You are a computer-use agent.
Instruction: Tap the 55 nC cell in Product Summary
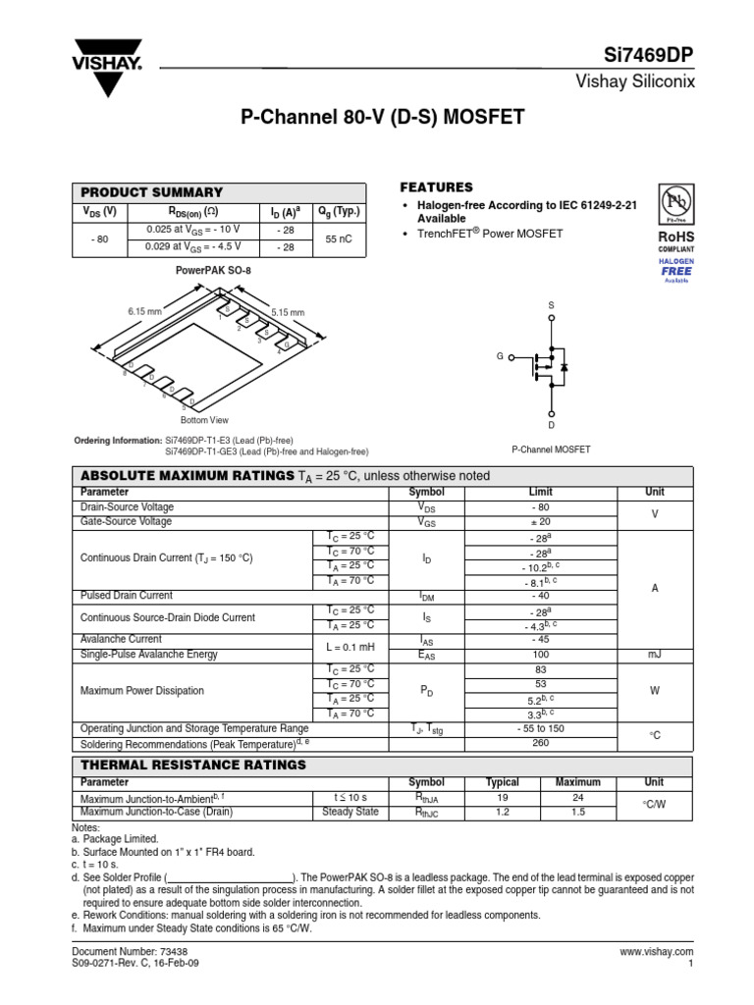(x=339, y=238)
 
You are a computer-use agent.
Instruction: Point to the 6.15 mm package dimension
(x=143, y=311)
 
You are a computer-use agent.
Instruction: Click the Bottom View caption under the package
(x=204, y=420)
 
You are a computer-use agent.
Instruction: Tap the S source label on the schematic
(x=551, y=305)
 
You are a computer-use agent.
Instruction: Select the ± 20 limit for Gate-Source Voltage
(x=541, y=521)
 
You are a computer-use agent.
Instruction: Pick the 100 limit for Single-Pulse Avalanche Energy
(x=541, y=655)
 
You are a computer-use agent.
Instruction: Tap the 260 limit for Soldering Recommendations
(x=541, y=743)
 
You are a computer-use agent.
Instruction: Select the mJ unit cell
(x=654, y=655)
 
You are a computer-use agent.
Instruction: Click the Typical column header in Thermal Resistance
(x=503, y=782)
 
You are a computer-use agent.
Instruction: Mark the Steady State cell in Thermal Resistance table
(x=350, y=812)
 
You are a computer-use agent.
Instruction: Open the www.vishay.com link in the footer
(x=657, y=952)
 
